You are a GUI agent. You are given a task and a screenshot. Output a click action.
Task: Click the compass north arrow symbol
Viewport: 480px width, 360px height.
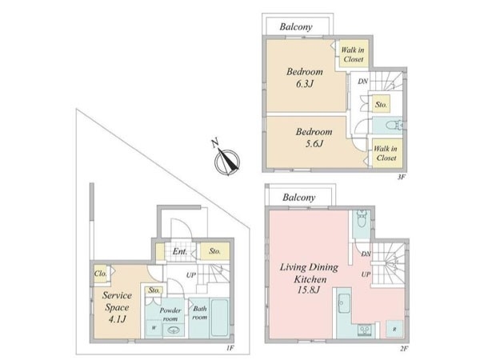tap(226, 160)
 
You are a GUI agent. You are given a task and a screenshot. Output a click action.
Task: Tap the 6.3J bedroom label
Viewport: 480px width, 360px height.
tap(305, 78)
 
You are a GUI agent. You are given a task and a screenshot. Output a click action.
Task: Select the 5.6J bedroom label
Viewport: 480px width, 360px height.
tap(314, 138)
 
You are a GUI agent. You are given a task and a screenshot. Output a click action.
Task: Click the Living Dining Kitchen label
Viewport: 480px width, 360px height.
tap(309, 278)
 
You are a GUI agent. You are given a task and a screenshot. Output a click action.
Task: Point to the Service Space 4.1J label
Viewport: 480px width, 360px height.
tap(117, 307)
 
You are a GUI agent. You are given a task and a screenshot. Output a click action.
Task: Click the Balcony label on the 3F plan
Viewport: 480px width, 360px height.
tap(296, 27)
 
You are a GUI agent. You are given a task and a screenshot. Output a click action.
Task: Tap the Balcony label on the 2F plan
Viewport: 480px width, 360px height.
tap(299, 198)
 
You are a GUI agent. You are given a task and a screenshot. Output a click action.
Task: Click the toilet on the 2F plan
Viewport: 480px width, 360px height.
tap(362, 218)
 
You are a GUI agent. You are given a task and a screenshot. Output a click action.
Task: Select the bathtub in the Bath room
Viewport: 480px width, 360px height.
tap(220, 318)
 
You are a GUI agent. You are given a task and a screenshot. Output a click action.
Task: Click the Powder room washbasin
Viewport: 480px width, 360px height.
tap(174, 330)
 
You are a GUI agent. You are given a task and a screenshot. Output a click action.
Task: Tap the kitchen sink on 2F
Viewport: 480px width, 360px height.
tap(344, 303)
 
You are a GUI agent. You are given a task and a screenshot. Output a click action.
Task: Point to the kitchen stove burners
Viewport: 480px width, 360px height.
tap(365, 330)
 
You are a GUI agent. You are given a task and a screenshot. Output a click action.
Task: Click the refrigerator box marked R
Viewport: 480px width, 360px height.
tap(394, 330)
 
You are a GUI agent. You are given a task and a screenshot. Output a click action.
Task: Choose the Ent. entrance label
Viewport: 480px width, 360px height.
tap(180, 252)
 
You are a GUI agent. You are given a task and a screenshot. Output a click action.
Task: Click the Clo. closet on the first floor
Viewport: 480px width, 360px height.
tap(102, 274)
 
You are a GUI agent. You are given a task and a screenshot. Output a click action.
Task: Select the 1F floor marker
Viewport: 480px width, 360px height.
tap(230, 347)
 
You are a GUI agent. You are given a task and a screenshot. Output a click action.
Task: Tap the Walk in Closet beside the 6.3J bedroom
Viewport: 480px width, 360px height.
tap(353, 54)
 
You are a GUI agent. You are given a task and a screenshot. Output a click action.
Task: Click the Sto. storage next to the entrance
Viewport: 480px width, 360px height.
tap(214, 251)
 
